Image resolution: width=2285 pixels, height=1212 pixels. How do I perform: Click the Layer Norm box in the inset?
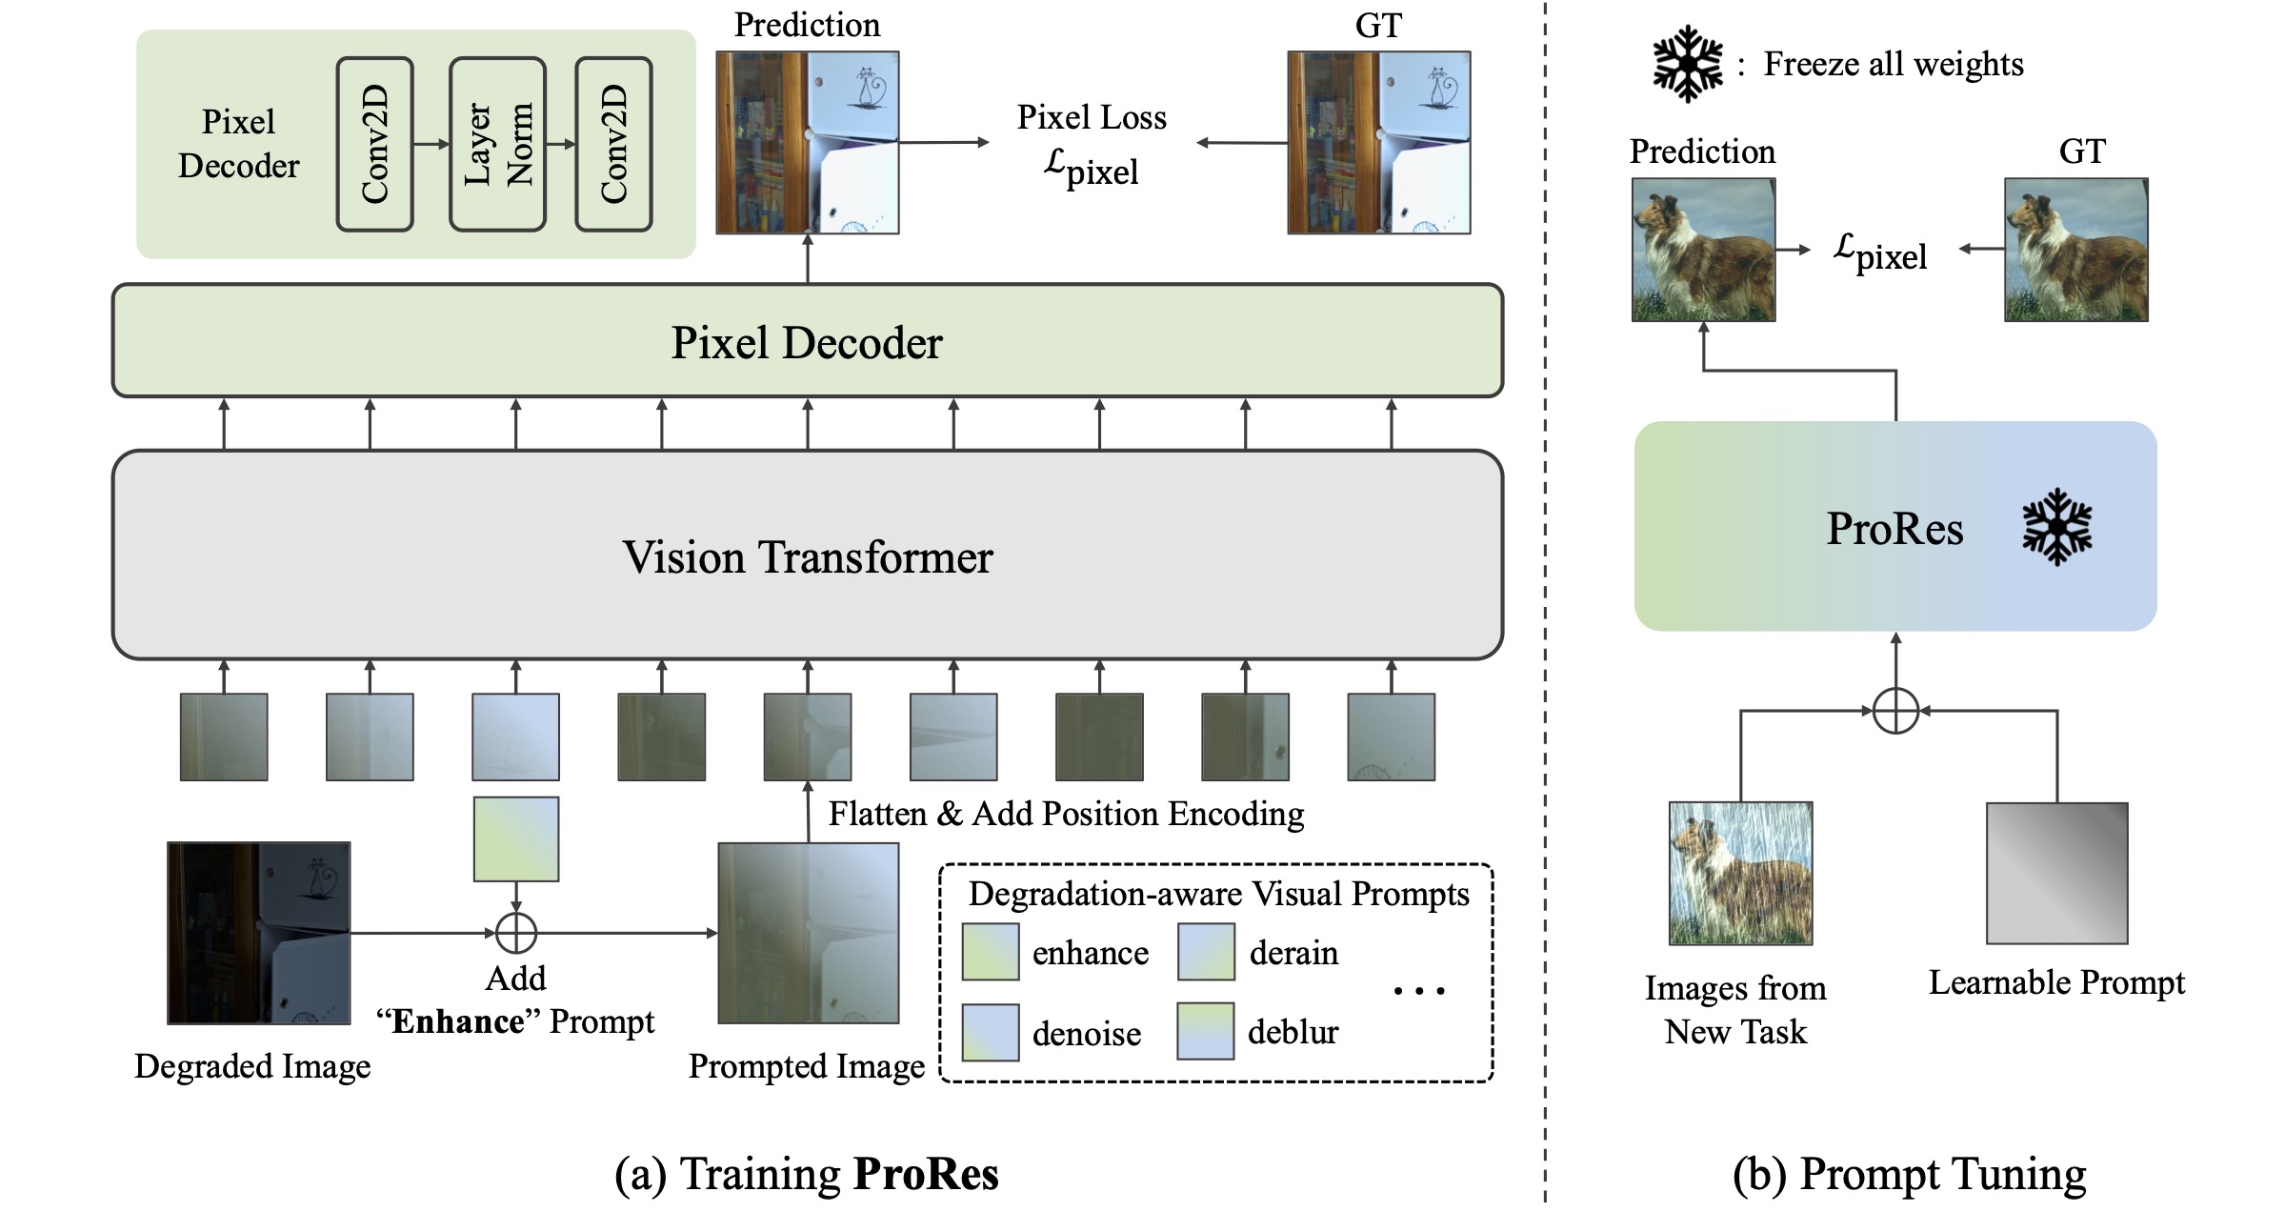pyautogui.click(x=497, y=144)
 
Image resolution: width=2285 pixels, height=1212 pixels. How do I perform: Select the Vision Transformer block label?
pyautogui.click(x=807, y=556)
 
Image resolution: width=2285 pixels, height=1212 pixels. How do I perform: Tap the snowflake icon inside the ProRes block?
pyautogui.click(x=2056, y=527)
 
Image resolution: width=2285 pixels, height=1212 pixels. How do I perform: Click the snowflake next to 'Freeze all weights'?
pyautogui.click(x=1687, y=64)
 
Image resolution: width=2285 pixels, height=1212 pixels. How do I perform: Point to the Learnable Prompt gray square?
pyautogui.click(x=2056, y=873)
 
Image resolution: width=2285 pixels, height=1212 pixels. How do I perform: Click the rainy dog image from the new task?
pyautogui.click(x=1740, y=873)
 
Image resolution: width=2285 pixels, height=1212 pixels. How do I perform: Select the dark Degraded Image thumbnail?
pyautogui.click(x=258, y=933)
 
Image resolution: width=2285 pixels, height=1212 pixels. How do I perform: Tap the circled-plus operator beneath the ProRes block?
pyautogui.click(x=1895, y=711)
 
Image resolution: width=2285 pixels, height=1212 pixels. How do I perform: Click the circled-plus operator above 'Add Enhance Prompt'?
pyautogui.click(x=516, y=933)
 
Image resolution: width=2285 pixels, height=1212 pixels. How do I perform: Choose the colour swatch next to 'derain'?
pyautogui.click(x=1206, y=952)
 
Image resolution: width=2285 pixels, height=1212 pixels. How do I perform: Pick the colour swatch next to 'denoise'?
pyautogui.click(x=991, y=1032)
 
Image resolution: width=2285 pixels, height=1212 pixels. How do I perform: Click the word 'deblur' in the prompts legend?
pyautogui.click(x=1293, y=1032)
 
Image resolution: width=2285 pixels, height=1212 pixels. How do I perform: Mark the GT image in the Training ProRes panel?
pyautogui.click(x=1378, y=143)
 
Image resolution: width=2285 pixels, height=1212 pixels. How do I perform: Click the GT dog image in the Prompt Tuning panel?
pyautogui.click(x=2075, y=250)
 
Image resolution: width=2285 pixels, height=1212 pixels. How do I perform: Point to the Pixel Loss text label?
pyautogui.click(x=1092, y=117)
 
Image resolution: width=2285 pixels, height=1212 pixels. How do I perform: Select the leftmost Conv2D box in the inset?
pyautogui.click(x=375, y=144)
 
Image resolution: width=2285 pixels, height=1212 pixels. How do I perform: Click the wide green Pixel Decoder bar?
pyautogui.click(x=807, y=341)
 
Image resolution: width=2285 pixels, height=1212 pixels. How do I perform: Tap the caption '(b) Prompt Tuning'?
pyautogui.click(x=1909, y=1174)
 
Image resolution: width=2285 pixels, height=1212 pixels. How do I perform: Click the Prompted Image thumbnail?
pyautogui.click(x=808, y=933)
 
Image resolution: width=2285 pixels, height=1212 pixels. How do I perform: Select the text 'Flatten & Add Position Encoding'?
pyautogui.click(x=1066, y=814)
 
